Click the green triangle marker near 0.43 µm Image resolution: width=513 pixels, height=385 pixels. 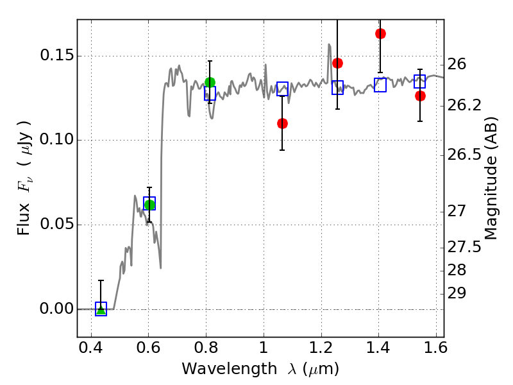101,310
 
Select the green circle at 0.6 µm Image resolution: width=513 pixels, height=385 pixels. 149,205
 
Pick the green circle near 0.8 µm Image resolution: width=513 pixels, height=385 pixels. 210,83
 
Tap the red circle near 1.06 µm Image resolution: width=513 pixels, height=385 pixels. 282,123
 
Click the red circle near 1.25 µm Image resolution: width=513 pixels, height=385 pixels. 338,63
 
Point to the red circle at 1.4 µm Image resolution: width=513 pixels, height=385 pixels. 380,34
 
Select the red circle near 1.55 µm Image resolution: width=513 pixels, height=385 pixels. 421,96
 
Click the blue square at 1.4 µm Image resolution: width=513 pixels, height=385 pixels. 380,85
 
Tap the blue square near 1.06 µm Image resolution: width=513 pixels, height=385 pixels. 282,89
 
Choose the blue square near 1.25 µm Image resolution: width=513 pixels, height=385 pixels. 338,87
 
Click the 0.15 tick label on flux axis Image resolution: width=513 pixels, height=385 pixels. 56,55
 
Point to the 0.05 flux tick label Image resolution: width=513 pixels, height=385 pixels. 56,224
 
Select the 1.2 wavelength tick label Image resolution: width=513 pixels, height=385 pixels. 321,348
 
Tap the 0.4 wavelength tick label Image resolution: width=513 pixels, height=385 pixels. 91,348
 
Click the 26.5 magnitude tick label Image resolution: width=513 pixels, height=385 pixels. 464,155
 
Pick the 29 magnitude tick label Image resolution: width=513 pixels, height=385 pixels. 457,293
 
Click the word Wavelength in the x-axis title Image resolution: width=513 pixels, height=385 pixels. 230,369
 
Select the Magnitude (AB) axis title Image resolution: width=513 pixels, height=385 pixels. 490,178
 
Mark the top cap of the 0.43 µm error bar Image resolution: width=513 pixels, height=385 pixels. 101,280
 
